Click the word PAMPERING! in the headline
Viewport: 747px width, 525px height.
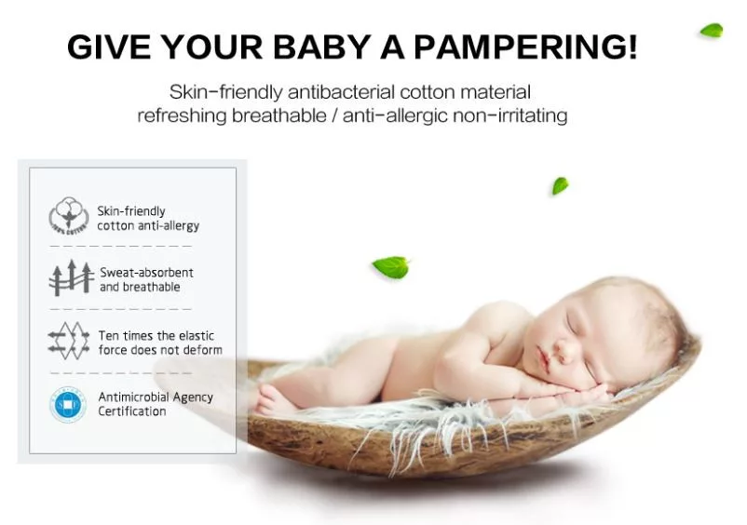coord(525,47)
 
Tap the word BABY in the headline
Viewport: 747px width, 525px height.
coord(322,47)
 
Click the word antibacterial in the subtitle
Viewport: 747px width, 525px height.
coord(341,92)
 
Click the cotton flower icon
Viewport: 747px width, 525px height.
coord(69,216)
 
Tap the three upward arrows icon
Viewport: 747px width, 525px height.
coord(72,278)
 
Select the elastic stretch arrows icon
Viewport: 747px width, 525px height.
coord(69,341)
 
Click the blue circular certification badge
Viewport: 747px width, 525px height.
coord(68,405)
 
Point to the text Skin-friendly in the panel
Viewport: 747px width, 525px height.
coord(131,211)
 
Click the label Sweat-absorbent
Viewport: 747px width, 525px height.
coord(146,272)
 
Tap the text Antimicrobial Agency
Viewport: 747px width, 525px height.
coord(156,397)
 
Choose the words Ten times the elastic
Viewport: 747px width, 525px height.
coord(156,335)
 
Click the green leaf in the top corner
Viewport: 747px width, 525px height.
coord(712,31)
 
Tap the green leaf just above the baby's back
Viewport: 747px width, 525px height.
coord(391,267)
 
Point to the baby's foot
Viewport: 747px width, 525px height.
coord(272,400)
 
